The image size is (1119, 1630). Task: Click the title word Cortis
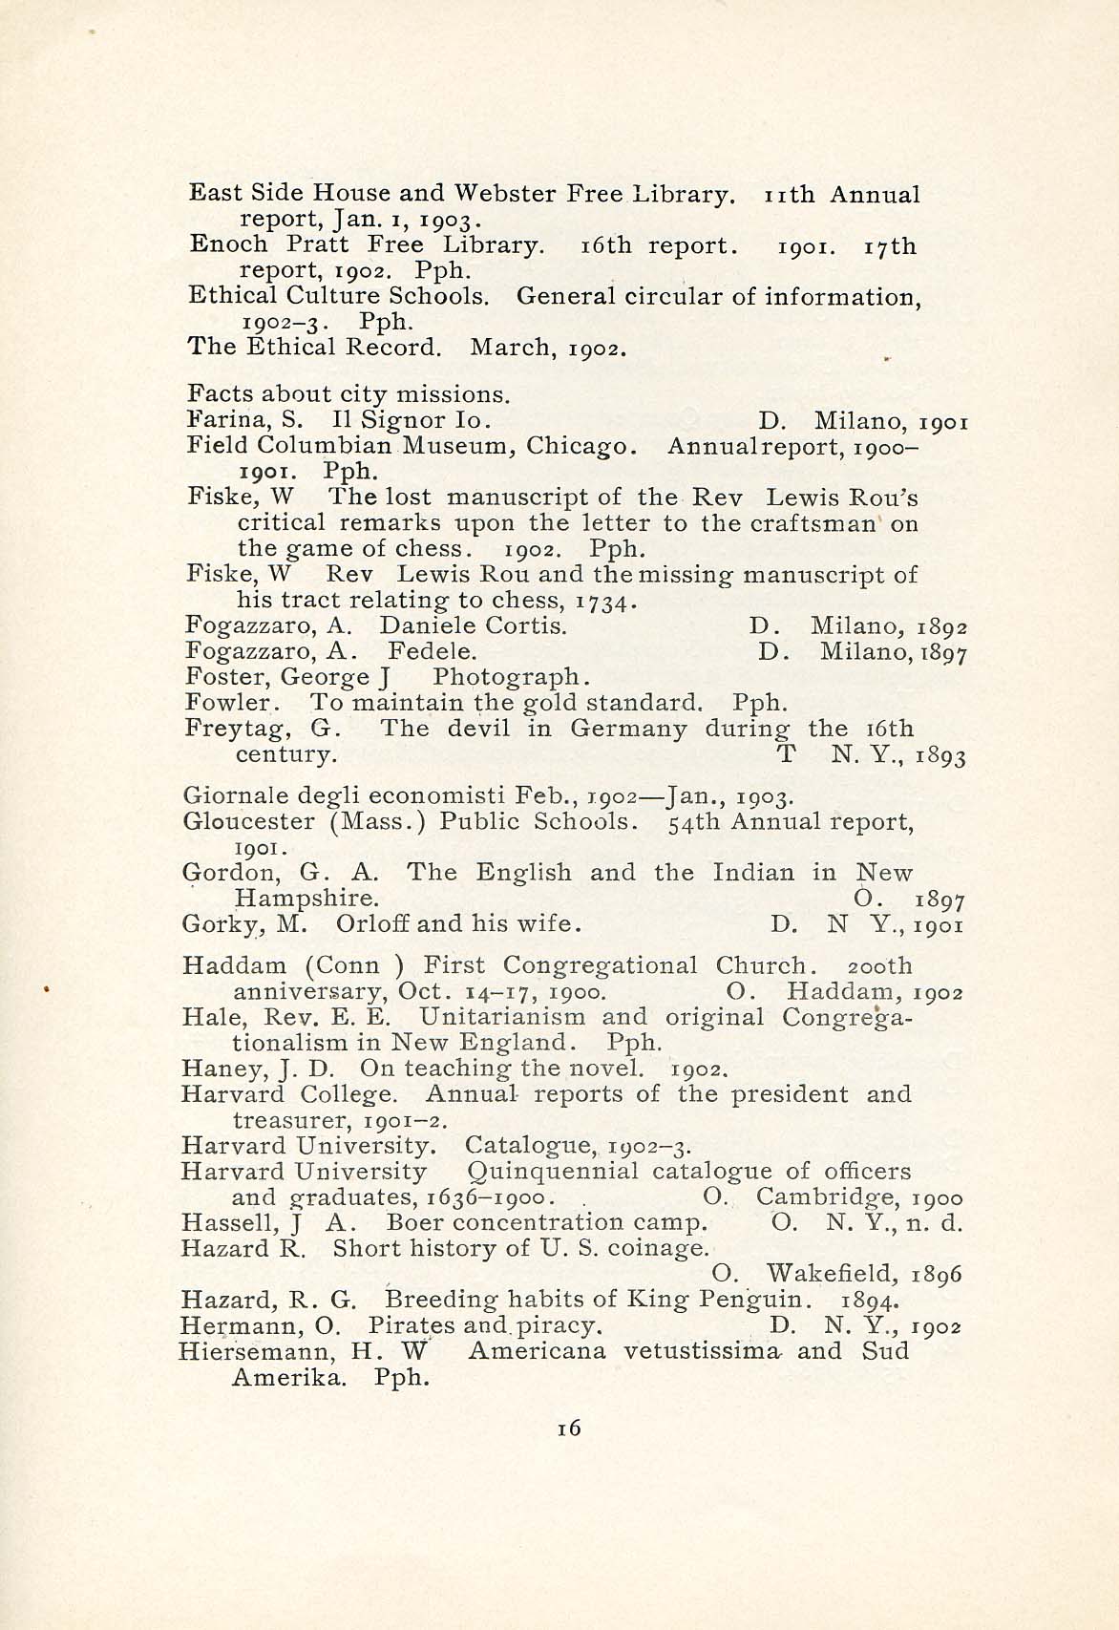tap(526, 626)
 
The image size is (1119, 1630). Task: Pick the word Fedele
tap(433, 652)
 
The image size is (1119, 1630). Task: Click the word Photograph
tap(507, 678)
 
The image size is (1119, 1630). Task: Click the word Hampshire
tap(306, 899)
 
